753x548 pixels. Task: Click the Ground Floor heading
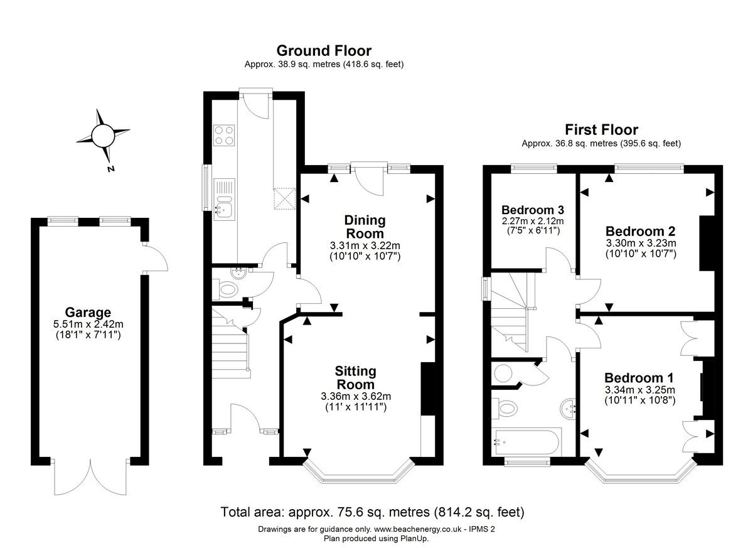click(x=324, y=51)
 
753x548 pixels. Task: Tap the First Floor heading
click(x=601, y=130)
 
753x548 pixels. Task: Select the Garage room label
click(x=88, y=313)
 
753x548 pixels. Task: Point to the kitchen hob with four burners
click(x=224, y=135)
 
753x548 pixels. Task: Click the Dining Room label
click(x=365, y=227)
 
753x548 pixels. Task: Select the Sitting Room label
click(x=355, y=378)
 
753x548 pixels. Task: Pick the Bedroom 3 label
click(x=533, y=210)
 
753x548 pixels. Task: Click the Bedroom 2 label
click(x=641, y=231)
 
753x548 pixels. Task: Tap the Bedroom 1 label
click(x=639, y=378)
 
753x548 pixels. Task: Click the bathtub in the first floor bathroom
click(x=526, y=442)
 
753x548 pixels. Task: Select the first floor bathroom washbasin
click(x=569, y=409)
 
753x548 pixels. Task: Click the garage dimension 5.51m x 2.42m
click(x=88, y=325)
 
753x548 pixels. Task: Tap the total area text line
click(x=373, y=512)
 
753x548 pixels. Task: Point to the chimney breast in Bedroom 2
click(x=707, y=244)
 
